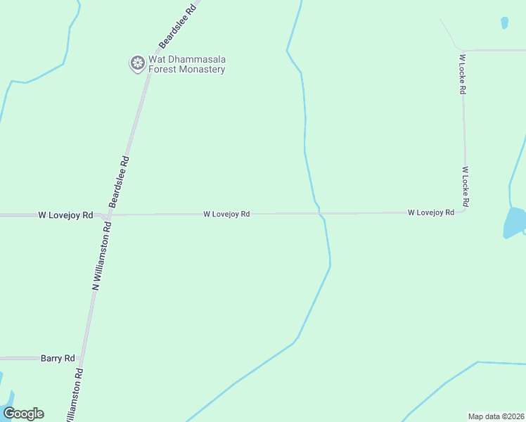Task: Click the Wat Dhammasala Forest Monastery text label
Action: click(186, 64)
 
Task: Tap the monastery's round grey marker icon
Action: click(137, 64)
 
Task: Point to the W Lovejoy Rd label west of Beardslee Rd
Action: click(65, 215)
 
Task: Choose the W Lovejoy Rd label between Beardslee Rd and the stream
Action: click(226, 214)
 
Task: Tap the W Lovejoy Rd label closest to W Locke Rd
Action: click(430, 212)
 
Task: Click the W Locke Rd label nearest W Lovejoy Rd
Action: click(466, 186)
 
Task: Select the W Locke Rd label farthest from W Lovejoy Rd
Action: click(462, 75)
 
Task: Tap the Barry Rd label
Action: click(58, 358)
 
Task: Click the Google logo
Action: click(23, 414)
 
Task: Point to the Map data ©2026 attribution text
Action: click(496, 416)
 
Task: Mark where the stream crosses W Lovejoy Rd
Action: click(320, 212)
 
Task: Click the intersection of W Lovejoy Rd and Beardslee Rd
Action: click(110, 215)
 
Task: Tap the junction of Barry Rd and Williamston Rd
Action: click(82, 358)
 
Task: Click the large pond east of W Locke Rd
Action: click(515, 222)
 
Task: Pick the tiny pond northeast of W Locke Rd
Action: click(504, 23)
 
